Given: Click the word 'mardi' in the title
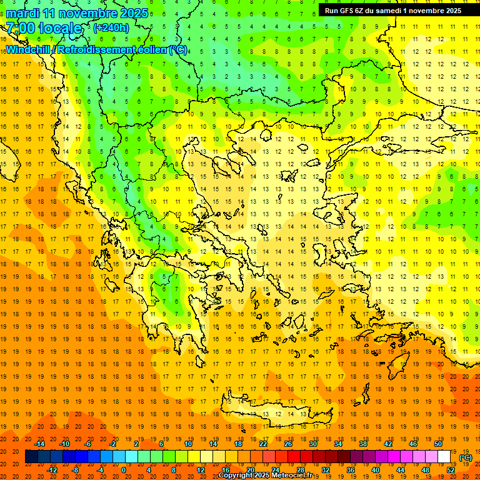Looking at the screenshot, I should click(x=22, y=13).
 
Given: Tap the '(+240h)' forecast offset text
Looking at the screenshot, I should click(x=111, y=27).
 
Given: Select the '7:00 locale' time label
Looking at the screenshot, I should click(x=44, y=28).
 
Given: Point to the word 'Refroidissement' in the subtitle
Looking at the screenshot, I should click(x=101, y=49).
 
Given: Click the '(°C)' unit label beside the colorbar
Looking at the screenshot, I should click(x=465, y=457).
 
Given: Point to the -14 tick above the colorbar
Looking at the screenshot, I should click(x=39, y=444).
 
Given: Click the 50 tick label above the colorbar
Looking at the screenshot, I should click(x=437, y=444).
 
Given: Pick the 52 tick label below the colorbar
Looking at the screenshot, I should click(x=451, y=470).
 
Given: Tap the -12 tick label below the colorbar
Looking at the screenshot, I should click(x=52, y=470).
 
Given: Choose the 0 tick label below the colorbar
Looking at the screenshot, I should click(x=123, y=470).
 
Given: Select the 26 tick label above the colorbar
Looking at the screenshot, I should click(x=288, y=444).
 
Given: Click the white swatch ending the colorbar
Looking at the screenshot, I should click(x=444, y=457).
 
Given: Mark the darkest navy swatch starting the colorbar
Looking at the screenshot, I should click(x=31, y=457).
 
